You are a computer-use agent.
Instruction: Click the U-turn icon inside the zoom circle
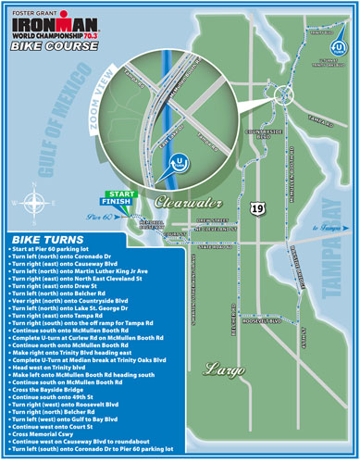[x=179, y=161]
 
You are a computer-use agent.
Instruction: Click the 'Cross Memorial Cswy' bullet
[x=46, y=433]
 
